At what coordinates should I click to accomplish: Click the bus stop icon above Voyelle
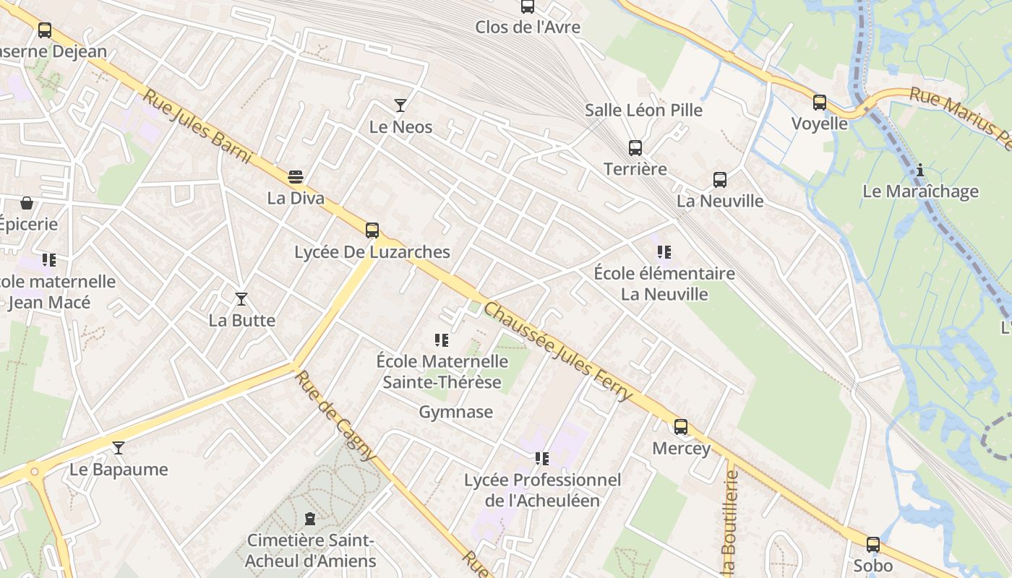(x=819, y=103)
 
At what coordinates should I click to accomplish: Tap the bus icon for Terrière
(x=635, y=148)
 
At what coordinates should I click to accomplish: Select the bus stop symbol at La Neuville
(x=719, y=180)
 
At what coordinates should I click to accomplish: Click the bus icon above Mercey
(x=681, y=427)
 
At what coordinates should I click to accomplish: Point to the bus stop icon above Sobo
(x=873, y=545)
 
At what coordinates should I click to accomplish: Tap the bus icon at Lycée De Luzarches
(x=372, y=230)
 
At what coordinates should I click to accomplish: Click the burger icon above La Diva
(x=296, y=177)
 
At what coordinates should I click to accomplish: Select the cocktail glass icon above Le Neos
(x=400, y=105)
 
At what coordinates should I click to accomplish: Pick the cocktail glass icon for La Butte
(x=241, y=299)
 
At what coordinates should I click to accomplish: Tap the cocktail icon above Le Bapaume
(x=119, y=448)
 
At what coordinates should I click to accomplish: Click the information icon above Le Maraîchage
(x=920, y=171)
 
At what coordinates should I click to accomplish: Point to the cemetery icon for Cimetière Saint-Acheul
(x=310, y=519)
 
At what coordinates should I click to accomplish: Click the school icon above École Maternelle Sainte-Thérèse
(x=442, y=340)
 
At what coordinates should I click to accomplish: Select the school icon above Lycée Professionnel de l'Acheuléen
(x=542, y=459)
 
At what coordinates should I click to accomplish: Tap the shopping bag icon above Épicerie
(x=27, y=203)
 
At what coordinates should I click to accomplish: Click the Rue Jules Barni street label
(x=197, y=126)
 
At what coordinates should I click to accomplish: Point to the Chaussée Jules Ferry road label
(x=558, y=352)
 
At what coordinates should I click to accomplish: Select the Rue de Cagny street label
(x=336, y=415)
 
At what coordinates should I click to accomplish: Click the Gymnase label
(x=456, y=412)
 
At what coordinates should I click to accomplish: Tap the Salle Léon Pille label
(x=643, y=110)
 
